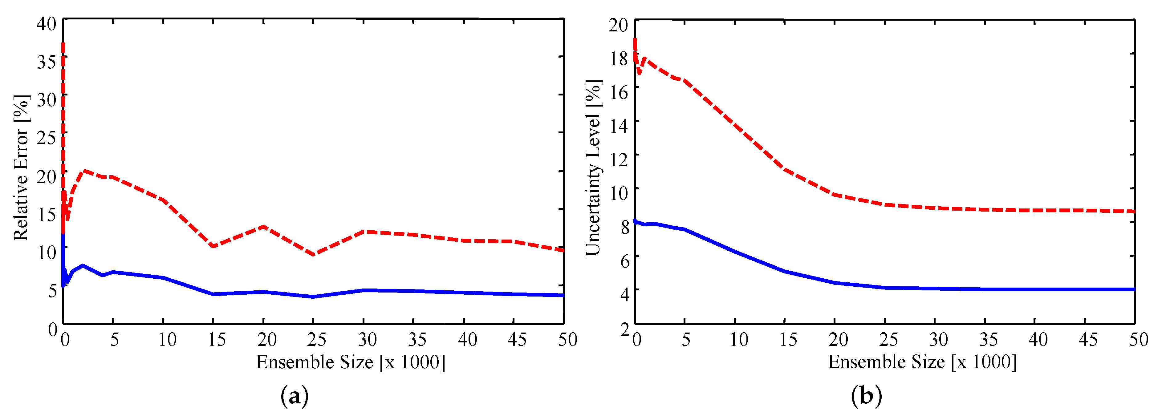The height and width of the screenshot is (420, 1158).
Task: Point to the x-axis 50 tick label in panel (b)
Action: point(1138,340)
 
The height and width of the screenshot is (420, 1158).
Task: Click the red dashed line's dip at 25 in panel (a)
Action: point(313,255)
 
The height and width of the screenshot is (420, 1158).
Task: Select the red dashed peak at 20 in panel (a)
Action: point(263,226)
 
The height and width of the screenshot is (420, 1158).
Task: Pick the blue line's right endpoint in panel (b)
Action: point(1134,289)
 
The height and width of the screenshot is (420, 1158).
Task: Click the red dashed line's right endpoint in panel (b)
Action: point(1134,211)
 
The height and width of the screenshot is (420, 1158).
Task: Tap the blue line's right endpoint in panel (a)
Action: point(563,295)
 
